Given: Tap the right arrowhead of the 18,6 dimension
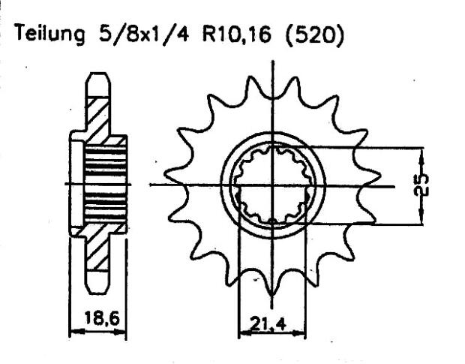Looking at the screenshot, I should (122, 331).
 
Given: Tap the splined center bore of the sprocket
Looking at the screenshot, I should (272, 185).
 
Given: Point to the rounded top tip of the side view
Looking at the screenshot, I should (96, 75).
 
